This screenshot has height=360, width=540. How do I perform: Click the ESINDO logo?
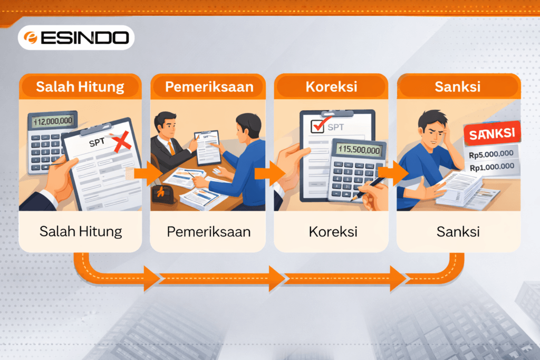coord(76,37)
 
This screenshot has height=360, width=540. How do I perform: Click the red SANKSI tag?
coord(491,133)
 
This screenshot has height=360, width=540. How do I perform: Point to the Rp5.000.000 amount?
coord(491,155)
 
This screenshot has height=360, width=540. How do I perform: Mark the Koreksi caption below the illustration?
coord(332,231)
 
